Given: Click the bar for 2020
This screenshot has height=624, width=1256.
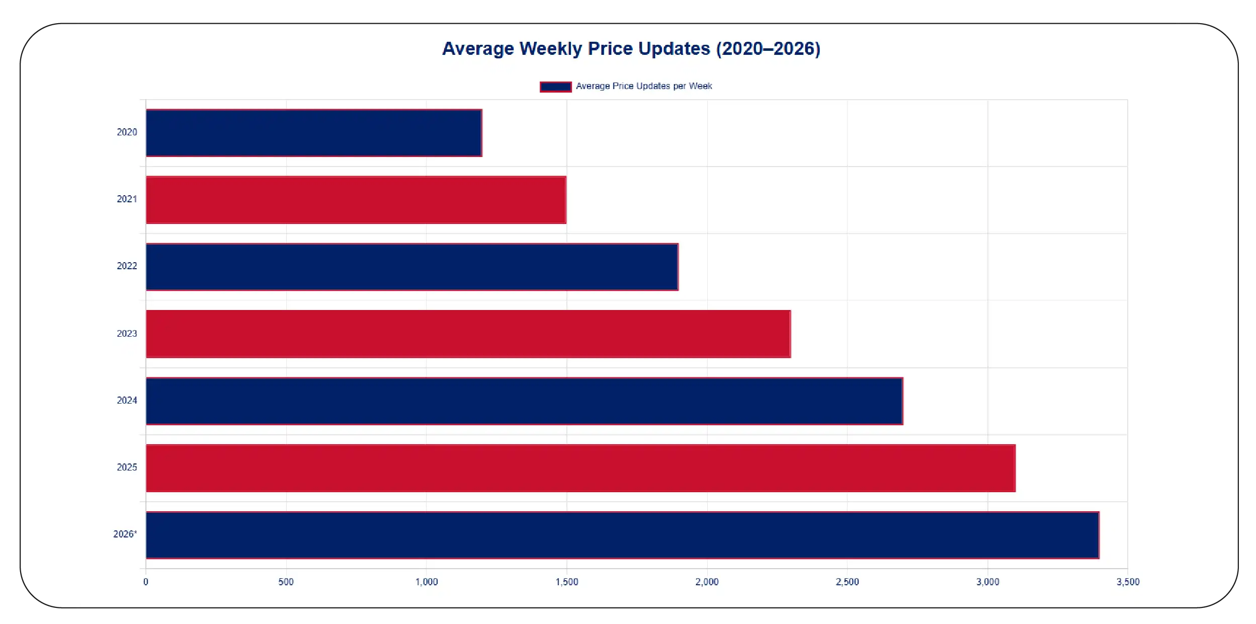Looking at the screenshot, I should pyautogui.click(x=313, y=133).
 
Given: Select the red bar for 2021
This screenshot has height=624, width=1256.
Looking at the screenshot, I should pyautogui.click(x=356, y=200).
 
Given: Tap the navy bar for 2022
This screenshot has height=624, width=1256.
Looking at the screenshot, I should pyautogui.click(x=411, y=267).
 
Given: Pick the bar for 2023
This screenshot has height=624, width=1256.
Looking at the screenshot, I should pyautogui.click(x=468, y=334).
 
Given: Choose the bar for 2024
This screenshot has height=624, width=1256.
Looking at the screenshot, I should pyautogui.click(x=524, y=401).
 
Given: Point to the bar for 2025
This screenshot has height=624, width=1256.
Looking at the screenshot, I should pyautogui.click(x=580, y=468).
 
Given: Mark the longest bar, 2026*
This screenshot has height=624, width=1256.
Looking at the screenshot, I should pyautogui.click(x=622, y=535).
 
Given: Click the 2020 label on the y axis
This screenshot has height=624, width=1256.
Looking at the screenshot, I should pyautogui.click(x=127, y=132).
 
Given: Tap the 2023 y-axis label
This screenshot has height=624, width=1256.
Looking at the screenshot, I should pyautogui.click(x=127, y=334).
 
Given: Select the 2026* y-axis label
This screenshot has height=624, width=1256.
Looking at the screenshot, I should pyautogui.click(x=125, y=534).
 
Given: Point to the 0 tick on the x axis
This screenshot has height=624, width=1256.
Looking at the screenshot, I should pyautogui.click(x=146, y=582).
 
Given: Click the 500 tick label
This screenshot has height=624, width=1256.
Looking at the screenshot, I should pyautogui.click(x=286, y=582).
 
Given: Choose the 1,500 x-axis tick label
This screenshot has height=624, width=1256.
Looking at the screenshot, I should pyautogui.click(x=567, y=582).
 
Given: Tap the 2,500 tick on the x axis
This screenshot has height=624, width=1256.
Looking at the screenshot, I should pyautogui.click(x=847, y=582).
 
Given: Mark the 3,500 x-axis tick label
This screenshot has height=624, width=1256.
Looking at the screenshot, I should pyautogui.click(x=1128, y=582).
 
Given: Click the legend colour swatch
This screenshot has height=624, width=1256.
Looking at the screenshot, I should pyautogui.click(x=555, y=87).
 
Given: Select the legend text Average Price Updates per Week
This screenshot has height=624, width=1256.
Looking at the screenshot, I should pyautogui.click(x=644, y=87).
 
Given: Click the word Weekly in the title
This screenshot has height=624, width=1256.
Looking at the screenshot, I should pyautogui.click(x=550, y=49).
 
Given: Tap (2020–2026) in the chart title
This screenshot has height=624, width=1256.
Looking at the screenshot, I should pyautogui.click(x=768, y=49).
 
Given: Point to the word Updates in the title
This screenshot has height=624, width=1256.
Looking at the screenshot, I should pyautogui.click(x=674, y=49).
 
